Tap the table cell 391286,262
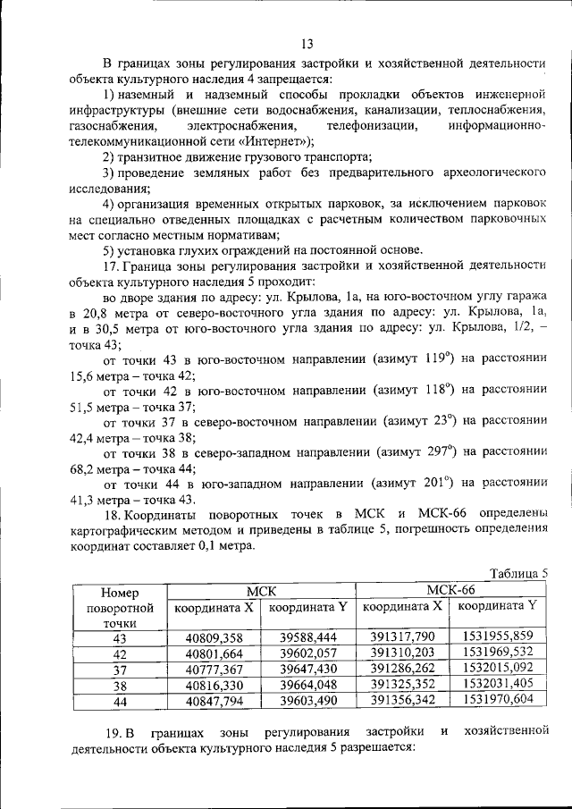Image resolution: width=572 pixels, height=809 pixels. click(402, 668)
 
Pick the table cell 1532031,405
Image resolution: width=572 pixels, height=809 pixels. click(498, 684)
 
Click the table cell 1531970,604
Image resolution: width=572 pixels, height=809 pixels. click(498, 700)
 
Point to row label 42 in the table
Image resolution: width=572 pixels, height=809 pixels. click(121, 653)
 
